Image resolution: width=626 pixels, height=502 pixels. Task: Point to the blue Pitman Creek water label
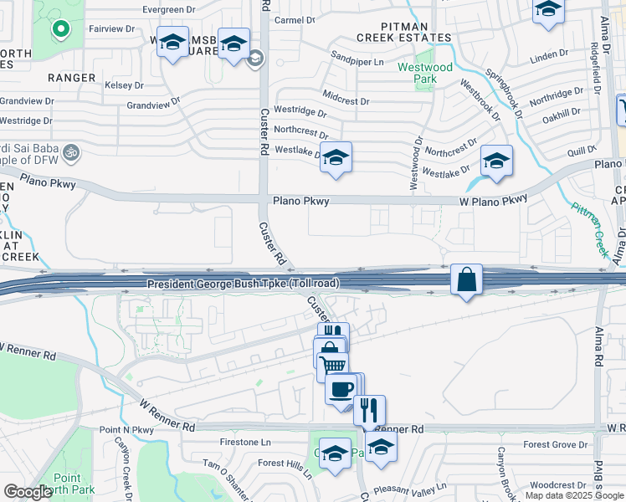pos(592,218)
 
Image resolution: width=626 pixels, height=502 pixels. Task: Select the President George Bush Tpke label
pos(243,284)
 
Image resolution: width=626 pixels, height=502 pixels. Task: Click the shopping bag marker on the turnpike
pos(466,279)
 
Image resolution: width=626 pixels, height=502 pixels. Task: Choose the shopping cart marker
pos(333,366)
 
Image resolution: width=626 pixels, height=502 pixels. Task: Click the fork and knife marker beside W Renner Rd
pos(369,410)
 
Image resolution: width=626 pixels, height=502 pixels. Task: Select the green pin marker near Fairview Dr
pos(60,29)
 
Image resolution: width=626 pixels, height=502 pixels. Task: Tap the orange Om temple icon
pos(70,153)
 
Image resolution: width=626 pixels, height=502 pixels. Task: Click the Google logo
pos(28,492)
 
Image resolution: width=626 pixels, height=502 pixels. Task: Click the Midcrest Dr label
pos(345,101)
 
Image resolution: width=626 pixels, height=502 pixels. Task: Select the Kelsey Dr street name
pos(124,85)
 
